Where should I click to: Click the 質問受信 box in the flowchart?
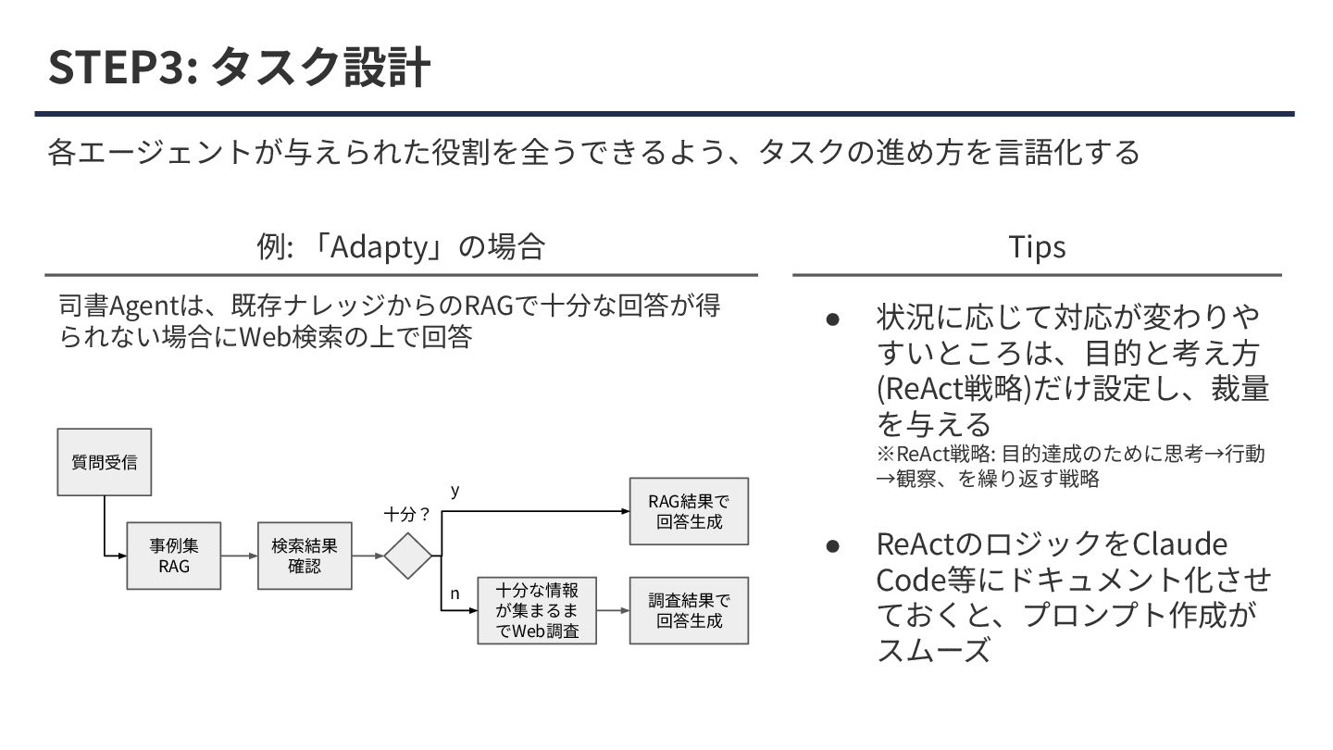click(104, 461)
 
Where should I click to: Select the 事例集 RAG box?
click(173, 556)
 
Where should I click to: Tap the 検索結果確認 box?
click(305, 556)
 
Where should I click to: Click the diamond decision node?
click(408, 556)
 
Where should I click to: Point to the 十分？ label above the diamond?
click(408, 515)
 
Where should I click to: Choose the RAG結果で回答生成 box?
click(689, 511)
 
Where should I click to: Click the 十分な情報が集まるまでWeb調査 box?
click(537, 611)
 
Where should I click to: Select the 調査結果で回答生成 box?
click(689, 611)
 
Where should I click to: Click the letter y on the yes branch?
click(455, 492)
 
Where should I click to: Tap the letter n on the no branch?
click(455, 594)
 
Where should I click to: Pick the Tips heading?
click(1037, 246)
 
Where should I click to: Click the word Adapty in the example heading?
click(379, 247)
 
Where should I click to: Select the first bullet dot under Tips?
click(832, 319)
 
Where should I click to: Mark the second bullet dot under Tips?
click(832, 544)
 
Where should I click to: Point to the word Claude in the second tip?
click(1179, 544)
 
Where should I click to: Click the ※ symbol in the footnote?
click(885, 455)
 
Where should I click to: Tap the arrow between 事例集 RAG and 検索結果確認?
click(239, 556)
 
